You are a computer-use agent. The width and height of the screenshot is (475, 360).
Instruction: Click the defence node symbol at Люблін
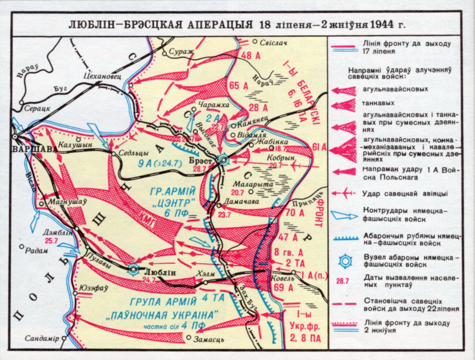133,269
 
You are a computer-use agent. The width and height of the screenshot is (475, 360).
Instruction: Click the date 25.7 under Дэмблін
51,240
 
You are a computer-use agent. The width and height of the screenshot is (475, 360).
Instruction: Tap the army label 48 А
251,56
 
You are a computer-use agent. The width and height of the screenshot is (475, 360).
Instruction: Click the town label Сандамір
42,339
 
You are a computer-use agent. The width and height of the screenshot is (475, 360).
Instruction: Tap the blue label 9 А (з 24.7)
159,163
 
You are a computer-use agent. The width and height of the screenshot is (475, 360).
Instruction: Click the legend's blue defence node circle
345,261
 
